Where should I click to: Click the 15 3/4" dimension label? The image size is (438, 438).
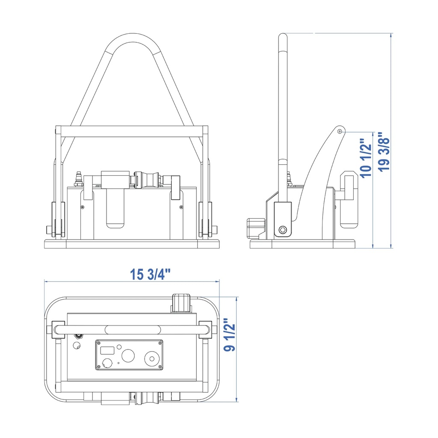[x=150, y=274]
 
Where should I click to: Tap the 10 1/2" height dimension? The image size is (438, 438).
[x=366, y=158]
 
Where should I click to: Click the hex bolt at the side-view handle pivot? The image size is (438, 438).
[x=283, y=230]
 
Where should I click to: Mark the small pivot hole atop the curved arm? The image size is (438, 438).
[x=340, y=131]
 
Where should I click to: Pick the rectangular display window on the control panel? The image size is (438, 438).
[x=107, y=350]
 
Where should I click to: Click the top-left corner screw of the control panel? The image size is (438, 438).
[x=99, y=343]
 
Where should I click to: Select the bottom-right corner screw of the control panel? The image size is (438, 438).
[x=160, y=367]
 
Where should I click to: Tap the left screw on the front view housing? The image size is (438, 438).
[x=82, y=207]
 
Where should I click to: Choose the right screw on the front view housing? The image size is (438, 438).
[x=181, y=207]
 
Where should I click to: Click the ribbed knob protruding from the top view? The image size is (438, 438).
[x=181, y=303]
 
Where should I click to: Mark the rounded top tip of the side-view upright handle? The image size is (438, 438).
[x=283, y=35]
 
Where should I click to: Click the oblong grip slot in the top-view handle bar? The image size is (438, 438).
[x=133, y=330]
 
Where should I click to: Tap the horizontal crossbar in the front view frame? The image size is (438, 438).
[x=132, y=131]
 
